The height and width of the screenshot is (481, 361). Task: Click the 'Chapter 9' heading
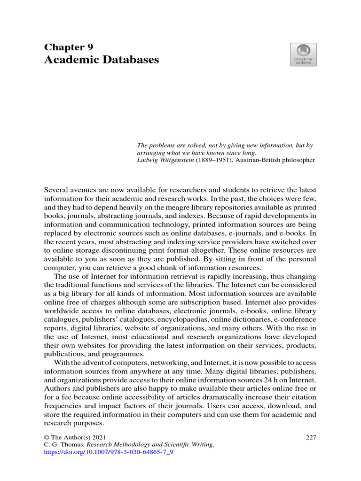tap(69, 47)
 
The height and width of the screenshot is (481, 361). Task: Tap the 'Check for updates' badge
tap(303, 55)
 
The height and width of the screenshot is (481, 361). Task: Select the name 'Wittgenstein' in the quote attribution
tap(173, 160)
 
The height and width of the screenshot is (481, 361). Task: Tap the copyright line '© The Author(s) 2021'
tap(72, 437)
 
